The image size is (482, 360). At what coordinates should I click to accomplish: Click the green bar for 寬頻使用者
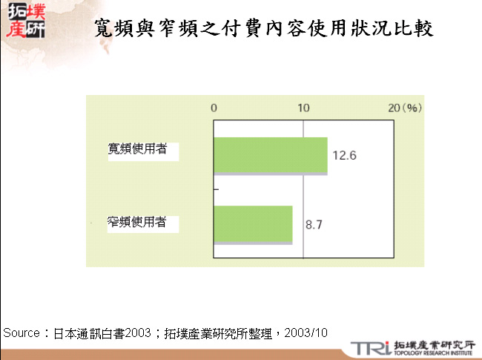[270, 155]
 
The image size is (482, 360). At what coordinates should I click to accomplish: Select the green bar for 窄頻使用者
[253, 224]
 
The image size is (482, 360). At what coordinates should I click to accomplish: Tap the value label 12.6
[344, 156]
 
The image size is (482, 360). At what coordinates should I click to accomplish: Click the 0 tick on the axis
[214, 108]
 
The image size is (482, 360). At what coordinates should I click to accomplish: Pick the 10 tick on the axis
[303, 108]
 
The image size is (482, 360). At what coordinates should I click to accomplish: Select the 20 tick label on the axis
[394, 108]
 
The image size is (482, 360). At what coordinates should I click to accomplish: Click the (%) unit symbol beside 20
[412, 108]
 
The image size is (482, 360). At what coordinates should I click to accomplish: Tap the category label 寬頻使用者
[137, 149]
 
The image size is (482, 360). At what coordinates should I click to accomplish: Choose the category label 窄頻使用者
[137, 221]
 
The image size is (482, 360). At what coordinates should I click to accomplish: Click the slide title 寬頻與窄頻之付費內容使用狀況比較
[265, 29]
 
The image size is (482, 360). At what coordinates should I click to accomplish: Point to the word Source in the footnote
[22, 333]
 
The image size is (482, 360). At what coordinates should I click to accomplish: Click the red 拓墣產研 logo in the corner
[24, 21]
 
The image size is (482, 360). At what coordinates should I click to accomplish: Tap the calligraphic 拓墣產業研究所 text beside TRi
[433, 344]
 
